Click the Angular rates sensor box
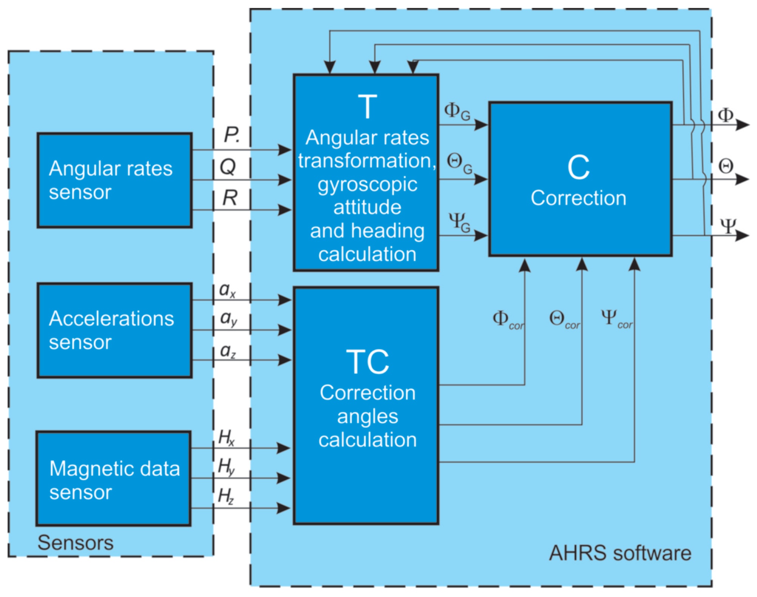click(x=115, y=180)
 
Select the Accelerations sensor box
click(x=115, y=330)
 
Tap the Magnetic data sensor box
click(x=113, y=478)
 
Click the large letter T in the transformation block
click(x=367, y=107)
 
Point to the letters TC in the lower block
click(x=367, y=362)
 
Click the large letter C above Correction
click(x=578, y=167)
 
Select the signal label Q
click(x=228, y=167)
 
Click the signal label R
click(x=230, y=198)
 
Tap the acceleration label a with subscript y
click(x=229, y=319)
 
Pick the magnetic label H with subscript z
click(x=226, y=496)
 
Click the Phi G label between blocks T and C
click(x=457, y=111)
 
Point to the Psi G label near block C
click(x=459, y=222)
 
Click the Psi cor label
click(x=616, y=318)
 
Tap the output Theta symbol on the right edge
click(x=725, y=166)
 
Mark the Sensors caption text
click(x=75, y=543)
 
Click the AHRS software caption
click(x=620, y=553)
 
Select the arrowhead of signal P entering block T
click(x=285, y=150)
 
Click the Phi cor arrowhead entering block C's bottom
click(x=524, y=265)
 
